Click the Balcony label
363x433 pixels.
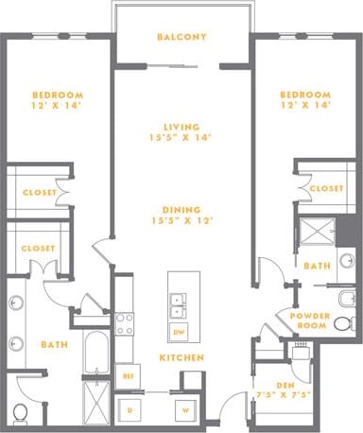[182, 38]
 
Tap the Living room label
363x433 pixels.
[183, 130]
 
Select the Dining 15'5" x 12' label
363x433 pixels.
[183, 216]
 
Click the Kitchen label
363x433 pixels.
[177, 359]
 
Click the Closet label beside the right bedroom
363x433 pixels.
[326, 189]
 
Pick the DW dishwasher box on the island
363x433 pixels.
[178, 333]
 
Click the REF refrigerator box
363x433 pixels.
[127, 375]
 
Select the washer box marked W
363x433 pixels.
[186, 410]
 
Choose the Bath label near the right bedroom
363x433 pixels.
[318, 266]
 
